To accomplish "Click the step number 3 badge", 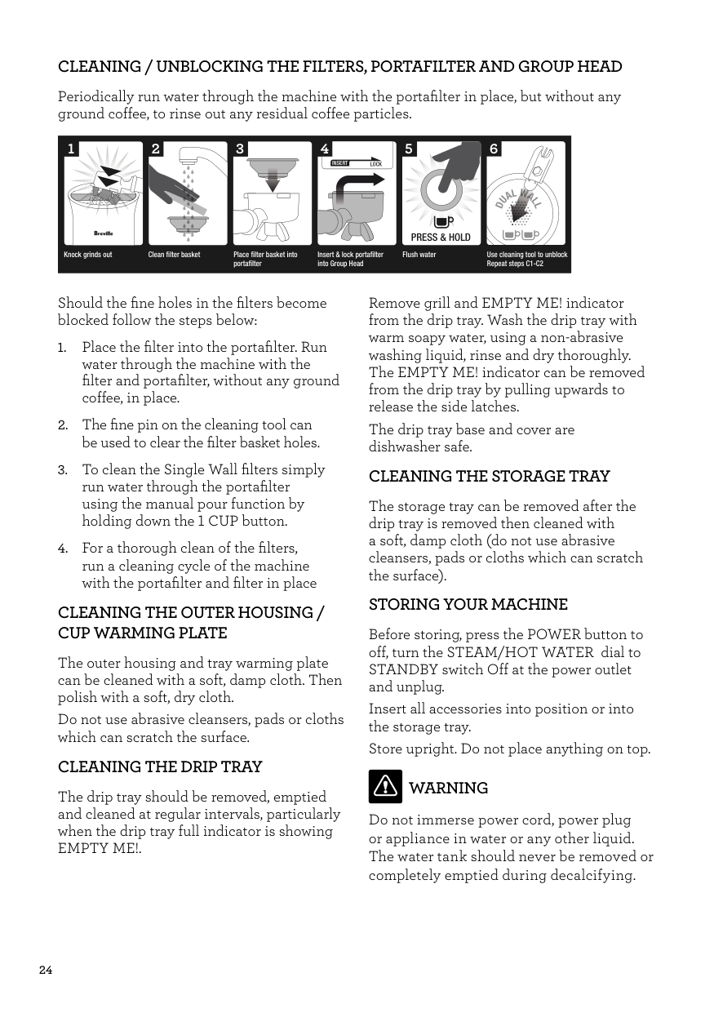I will (240, 149).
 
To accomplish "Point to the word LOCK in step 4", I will (376, 164).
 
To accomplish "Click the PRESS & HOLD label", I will (441, 238).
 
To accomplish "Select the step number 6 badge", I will (494, 149).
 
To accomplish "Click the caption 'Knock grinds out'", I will (88, 255).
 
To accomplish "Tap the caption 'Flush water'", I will (419, 255).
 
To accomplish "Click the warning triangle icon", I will (385, 786).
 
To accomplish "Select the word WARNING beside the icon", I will (448, 788).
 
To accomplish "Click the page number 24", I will (46, 970).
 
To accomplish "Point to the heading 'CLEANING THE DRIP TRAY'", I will (160, 766).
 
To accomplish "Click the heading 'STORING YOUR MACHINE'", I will (468, 605).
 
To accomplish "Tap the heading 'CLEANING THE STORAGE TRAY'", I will (489, 476).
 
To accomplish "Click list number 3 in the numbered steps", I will (62, 470).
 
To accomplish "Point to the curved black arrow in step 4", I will (353, 189).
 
